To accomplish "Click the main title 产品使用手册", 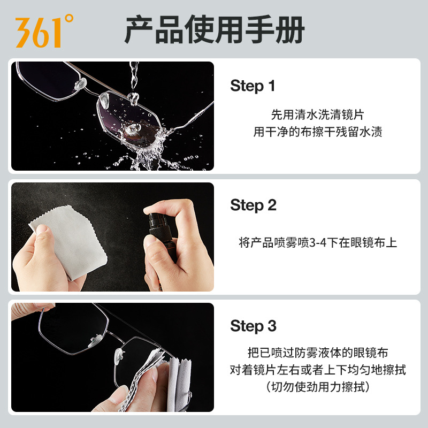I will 215,30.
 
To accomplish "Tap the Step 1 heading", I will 253,86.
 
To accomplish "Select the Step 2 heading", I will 253,205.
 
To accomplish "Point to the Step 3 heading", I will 253,326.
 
